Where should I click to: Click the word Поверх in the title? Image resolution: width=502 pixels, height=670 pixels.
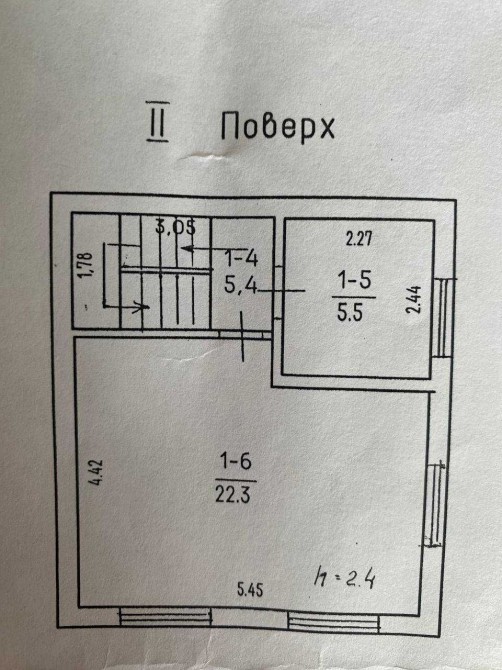click(x=278, y=126)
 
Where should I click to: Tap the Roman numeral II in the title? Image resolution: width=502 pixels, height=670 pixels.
click(x=157, y=121)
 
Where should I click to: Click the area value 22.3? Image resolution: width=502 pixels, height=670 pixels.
click(x=232, y=495)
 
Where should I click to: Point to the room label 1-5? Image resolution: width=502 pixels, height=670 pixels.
click(x=355, y=281)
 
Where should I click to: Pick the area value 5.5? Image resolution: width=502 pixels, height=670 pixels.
click(x=350, y=312)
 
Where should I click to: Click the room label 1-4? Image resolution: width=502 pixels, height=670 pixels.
click(x=241, y=258)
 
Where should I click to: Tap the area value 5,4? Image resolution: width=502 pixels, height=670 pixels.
click(x=241, y=285)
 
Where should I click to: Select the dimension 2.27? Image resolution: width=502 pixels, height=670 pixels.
click(x=359, y=239)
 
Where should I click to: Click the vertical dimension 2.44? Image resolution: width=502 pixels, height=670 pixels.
click(x=414, y=300)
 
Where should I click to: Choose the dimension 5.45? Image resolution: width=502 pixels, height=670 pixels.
click(x=250, y=590)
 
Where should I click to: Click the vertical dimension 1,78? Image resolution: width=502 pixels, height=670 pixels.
click(x=86, y=265)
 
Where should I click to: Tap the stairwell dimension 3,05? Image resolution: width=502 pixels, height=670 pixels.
click(x=176, y=226)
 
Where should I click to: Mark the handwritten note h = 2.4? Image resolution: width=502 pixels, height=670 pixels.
click(x=345, y=578)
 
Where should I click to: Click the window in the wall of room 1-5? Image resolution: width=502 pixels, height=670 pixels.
click(x=444, y=318)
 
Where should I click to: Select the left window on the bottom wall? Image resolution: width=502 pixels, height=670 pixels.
click(x=166, y=617)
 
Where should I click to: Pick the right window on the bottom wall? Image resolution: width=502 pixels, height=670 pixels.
click(x=334, y=622)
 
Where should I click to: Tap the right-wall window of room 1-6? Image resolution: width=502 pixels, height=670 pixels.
click(x=436, y=505)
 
